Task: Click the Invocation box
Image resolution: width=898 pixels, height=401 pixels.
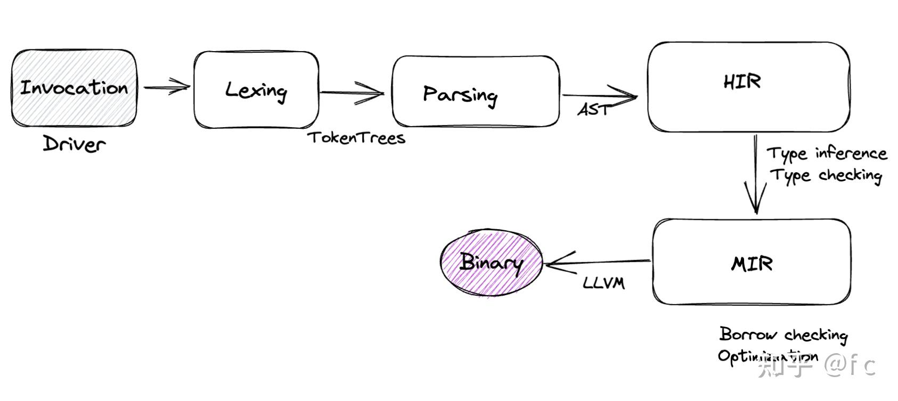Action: coord(74,88)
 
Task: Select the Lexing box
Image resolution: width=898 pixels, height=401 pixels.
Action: coord(256,90)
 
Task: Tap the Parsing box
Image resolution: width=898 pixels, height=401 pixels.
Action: coord(476,92)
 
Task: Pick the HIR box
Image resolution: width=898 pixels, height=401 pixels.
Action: coord(748,86)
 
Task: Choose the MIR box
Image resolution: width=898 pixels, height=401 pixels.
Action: coord(751,262)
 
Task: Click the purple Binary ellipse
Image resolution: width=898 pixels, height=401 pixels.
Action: coord(491,262)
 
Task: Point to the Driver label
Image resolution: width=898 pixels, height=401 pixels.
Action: coord(74,144)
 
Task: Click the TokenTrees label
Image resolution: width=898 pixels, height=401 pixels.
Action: coord(356,138)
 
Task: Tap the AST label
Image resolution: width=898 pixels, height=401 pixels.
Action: coord(593,110)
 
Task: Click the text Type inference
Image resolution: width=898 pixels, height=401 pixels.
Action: coord(827,154)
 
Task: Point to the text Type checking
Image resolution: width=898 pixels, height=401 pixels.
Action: coord(826,175)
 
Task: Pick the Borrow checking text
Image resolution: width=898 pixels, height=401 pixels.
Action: coord(783,335)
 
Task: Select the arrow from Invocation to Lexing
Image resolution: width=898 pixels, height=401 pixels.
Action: coord(166,87)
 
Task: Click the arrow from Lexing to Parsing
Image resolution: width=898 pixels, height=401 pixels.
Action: coord(352,93)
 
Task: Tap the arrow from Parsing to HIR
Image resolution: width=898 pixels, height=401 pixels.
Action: coord(600,96)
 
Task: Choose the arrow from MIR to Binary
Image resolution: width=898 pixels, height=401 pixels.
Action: coord(597,262)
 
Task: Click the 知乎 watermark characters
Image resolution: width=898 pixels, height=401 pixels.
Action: coord(786,366)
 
